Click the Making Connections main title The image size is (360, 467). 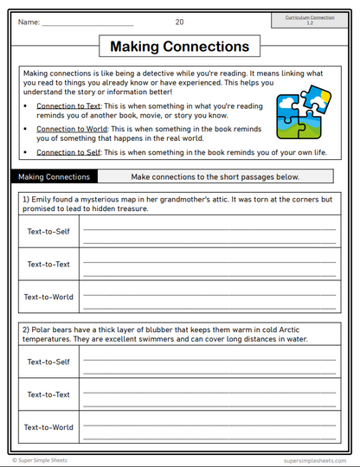click(x=180, y=47)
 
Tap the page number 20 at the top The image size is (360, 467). click(x=179, y=22)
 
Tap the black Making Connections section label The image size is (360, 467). click(x=54, y=177)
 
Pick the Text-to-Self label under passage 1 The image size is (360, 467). click(x=48, y=232)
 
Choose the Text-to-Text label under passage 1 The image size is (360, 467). click(x=48, y=265)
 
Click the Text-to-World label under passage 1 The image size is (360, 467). click(x=48, y=297)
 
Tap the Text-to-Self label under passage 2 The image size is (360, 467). click(x=48, y=361)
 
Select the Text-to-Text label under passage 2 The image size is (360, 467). click(x=48, y=394)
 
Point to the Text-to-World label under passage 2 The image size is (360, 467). click(x=48, y=426)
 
